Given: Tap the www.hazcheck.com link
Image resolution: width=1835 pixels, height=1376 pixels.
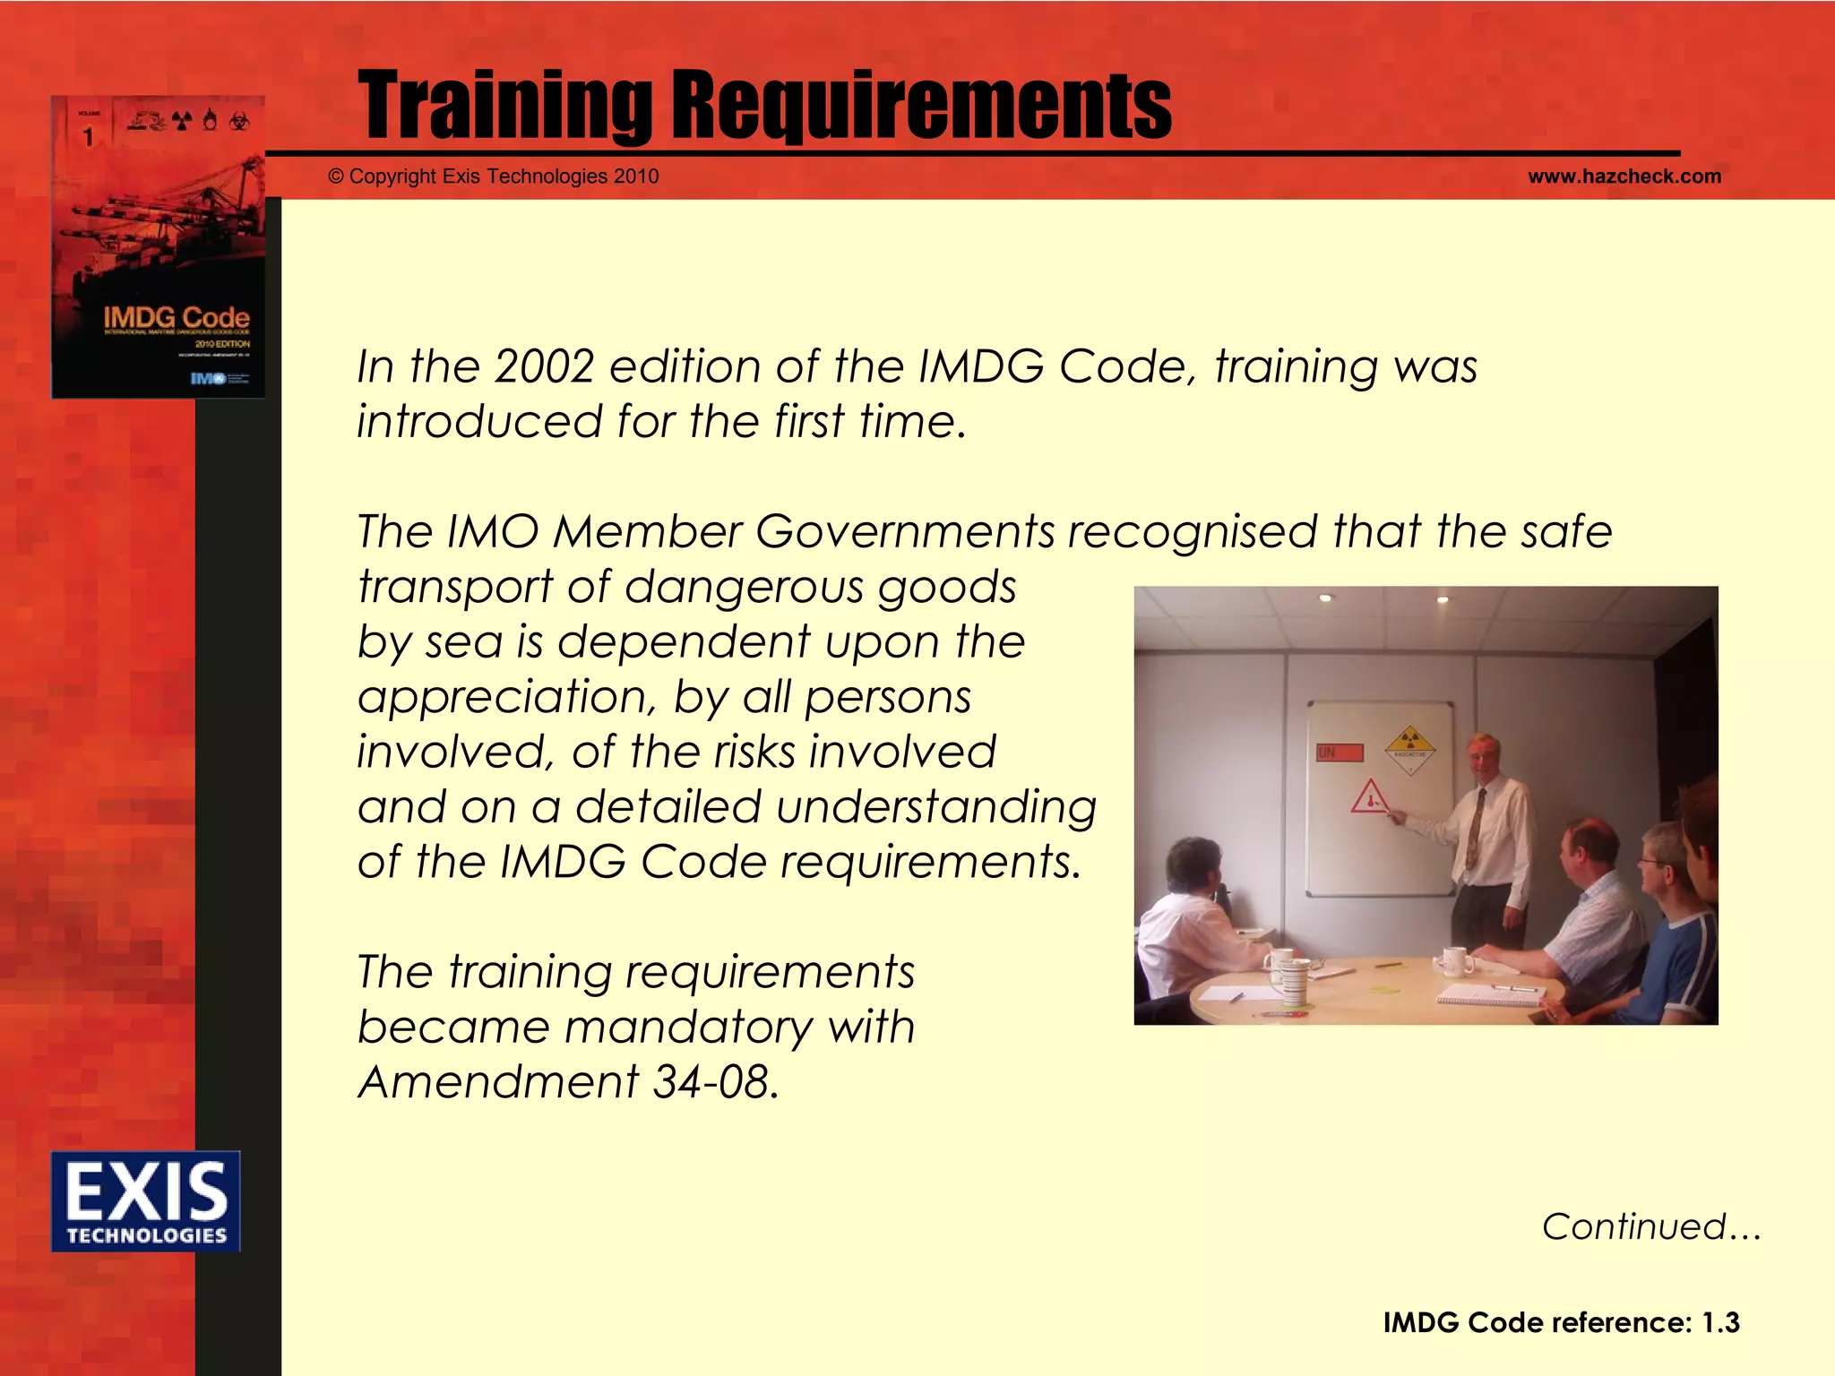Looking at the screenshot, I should coord(1624,176).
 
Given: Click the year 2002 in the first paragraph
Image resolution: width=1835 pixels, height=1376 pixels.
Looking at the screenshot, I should coord(544,367).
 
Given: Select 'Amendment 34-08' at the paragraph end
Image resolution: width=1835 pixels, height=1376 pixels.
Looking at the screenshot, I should coord(568,1082).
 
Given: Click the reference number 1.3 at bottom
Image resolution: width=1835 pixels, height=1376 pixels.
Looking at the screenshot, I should coord(1719,1322).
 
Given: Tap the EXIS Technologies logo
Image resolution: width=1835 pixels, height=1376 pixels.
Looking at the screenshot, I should coord(146,1200).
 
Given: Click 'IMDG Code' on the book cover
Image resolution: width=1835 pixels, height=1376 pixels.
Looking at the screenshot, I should coord(176,317).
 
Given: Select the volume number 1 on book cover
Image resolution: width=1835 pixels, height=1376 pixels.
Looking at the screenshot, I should coord(88,137).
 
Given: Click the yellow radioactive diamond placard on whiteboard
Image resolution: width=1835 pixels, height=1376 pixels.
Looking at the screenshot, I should coord(1409,748).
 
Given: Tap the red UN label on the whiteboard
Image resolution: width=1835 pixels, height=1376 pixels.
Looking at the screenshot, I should coord(1339,752).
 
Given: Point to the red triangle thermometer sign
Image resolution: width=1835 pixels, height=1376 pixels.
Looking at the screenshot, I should coord(1369,796).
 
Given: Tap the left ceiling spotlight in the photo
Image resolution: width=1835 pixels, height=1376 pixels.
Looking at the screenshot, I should coord(1325,598).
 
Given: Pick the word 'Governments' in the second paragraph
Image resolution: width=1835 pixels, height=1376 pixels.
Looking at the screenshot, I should coord(905,531).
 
